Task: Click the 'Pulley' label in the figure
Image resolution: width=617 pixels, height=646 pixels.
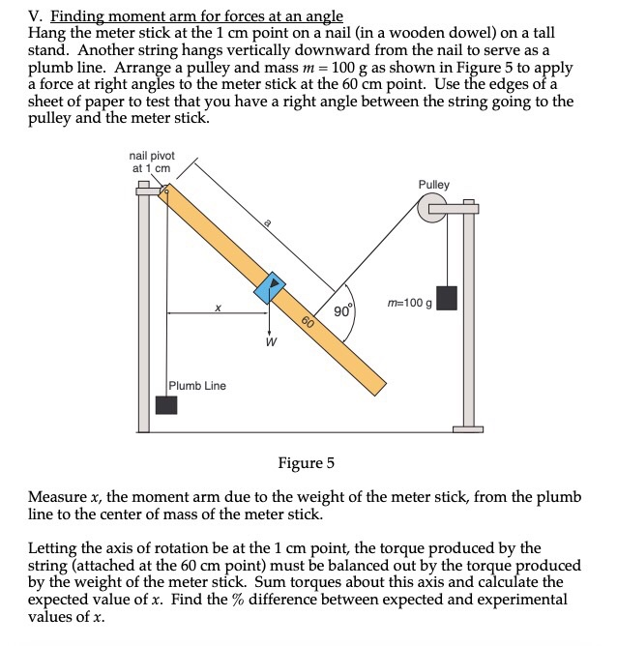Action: click(x=433, y=185)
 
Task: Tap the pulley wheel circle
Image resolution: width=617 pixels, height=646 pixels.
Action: click(x=430, y=208)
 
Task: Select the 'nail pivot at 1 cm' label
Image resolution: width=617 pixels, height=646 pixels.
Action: click(x=152, y=161)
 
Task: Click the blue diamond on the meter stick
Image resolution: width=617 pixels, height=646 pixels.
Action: click(x=271, y=288)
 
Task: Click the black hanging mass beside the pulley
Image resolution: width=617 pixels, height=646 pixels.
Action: click(x=446, y=298)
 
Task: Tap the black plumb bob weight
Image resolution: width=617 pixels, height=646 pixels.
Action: click(x=166, y=404)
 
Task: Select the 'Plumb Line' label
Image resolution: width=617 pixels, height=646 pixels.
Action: click(x=197, y=386)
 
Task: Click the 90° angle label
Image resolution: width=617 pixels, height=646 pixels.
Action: click(x=343, y=311)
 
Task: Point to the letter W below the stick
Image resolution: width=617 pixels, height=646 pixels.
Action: click(x=271, y=341)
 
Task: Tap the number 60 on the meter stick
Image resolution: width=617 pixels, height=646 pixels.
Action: click(x=308, y=323)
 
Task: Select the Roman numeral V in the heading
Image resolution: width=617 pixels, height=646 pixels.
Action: click(x=34, y=16)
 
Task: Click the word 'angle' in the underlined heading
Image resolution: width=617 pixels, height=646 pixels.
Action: click(x=323, y=16)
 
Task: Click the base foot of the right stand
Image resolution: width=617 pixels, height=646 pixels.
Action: click(x=470, y=428)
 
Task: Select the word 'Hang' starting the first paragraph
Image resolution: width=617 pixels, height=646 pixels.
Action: click(x=47, y=33)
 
